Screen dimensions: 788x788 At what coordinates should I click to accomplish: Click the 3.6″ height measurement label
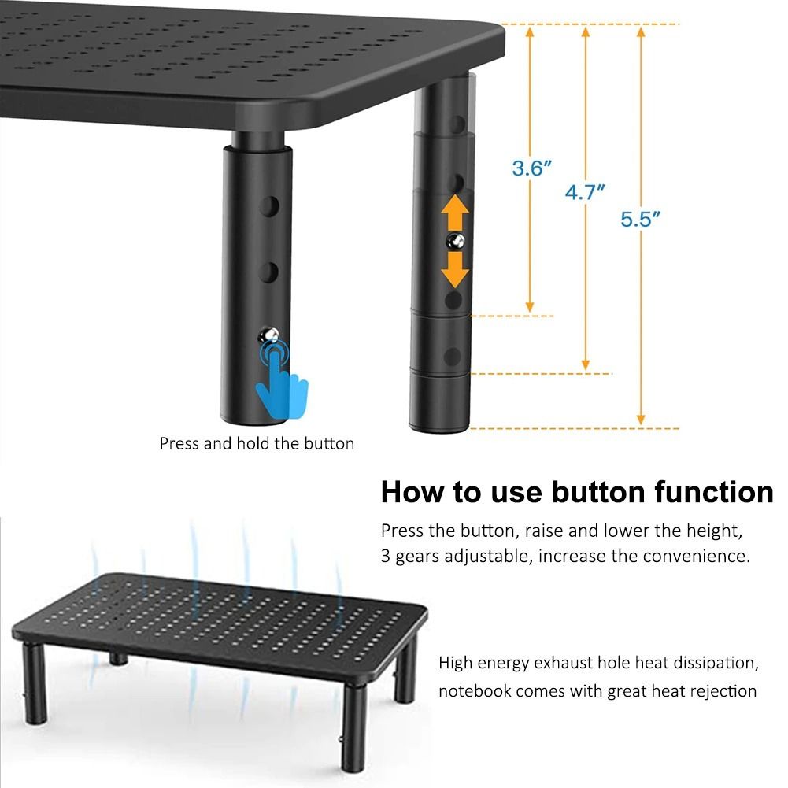point(531,168)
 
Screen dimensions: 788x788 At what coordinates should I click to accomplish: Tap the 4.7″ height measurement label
point(585,192)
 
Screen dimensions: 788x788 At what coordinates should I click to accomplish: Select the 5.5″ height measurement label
point(640,219)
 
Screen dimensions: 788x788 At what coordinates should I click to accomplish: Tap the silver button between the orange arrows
point(454,242)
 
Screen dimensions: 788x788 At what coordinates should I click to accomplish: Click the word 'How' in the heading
point(412,492)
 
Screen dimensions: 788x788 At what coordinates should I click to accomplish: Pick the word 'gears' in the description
point(415,557)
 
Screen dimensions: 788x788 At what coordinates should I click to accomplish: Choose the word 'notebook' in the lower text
point(474,691)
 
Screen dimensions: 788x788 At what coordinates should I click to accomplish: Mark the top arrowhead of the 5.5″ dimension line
point(642,31)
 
